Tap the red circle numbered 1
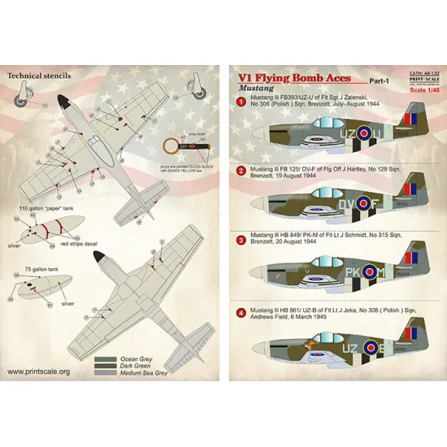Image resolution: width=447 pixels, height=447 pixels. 241,102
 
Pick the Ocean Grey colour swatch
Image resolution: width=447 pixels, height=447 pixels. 104,357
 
